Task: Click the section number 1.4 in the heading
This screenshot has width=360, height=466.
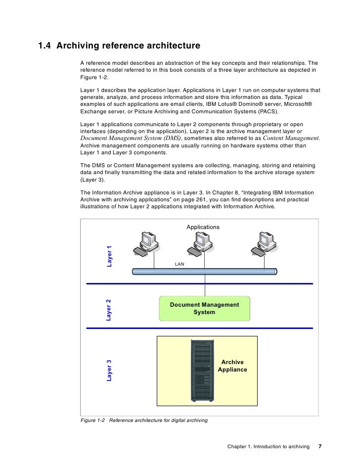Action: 45,46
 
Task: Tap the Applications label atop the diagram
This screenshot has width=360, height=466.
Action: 203,227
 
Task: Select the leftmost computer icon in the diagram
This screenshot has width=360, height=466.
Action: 146,243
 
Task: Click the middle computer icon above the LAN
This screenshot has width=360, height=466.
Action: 201,243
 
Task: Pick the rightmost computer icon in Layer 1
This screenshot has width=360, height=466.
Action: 263,243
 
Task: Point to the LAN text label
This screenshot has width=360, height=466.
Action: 180,264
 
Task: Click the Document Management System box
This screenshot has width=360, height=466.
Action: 204,309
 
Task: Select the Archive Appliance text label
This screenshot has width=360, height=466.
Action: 232,366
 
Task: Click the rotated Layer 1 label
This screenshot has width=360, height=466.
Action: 109,256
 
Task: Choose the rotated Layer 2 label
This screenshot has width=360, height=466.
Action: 108,310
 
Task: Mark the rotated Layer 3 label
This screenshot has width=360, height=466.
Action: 109,371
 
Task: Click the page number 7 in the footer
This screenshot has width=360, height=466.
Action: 320,446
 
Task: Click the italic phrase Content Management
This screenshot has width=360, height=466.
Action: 291,138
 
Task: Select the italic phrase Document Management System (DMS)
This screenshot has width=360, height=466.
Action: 131,138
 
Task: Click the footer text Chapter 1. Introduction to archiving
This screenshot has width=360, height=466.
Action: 268,446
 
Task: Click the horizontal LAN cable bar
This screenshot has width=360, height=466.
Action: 204,271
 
